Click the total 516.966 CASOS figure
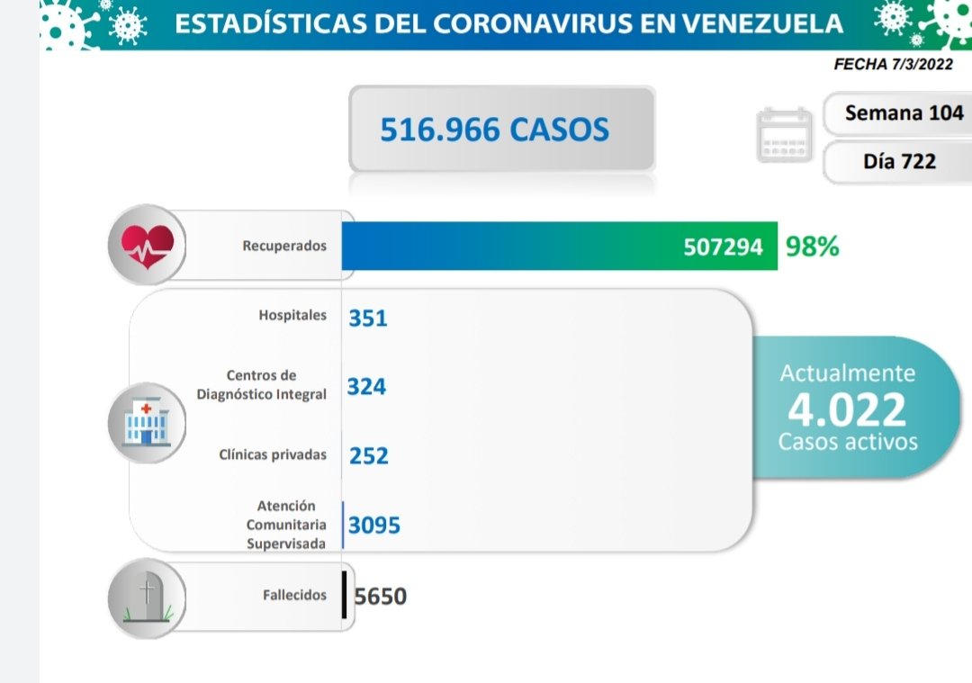(494, 130)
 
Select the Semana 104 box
(904, 113)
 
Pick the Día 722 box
(899, 161)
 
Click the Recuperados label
(284, 246)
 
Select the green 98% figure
(812, 247)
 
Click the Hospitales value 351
(367, 318)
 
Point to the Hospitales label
(292, 316)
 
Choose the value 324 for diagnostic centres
(366, 387)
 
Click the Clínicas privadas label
(273, 454)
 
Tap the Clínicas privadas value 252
(369, 455)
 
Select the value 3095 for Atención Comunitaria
(373, 525)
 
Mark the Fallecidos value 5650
(381, 596)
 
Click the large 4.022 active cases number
(847, 409)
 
